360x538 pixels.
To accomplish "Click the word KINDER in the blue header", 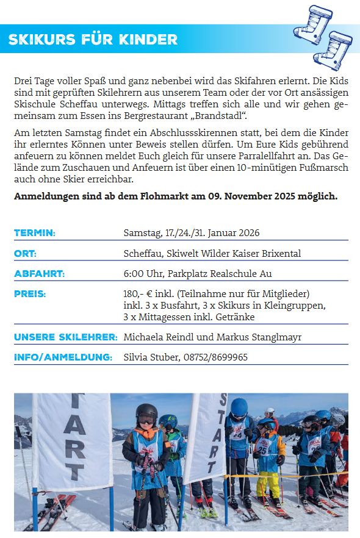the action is coord(149,40).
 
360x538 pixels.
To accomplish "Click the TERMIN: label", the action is coord(35,233).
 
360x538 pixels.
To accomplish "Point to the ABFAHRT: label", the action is coord(39,274).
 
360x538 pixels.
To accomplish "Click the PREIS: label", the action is coord(30,294).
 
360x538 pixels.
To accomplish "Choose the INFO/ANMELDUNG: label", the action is coord(63,357).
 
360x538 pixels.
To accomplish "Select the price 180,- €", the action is coord(137,294).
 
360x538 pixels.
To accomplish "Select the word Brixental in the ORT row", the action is coord(281,254).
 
